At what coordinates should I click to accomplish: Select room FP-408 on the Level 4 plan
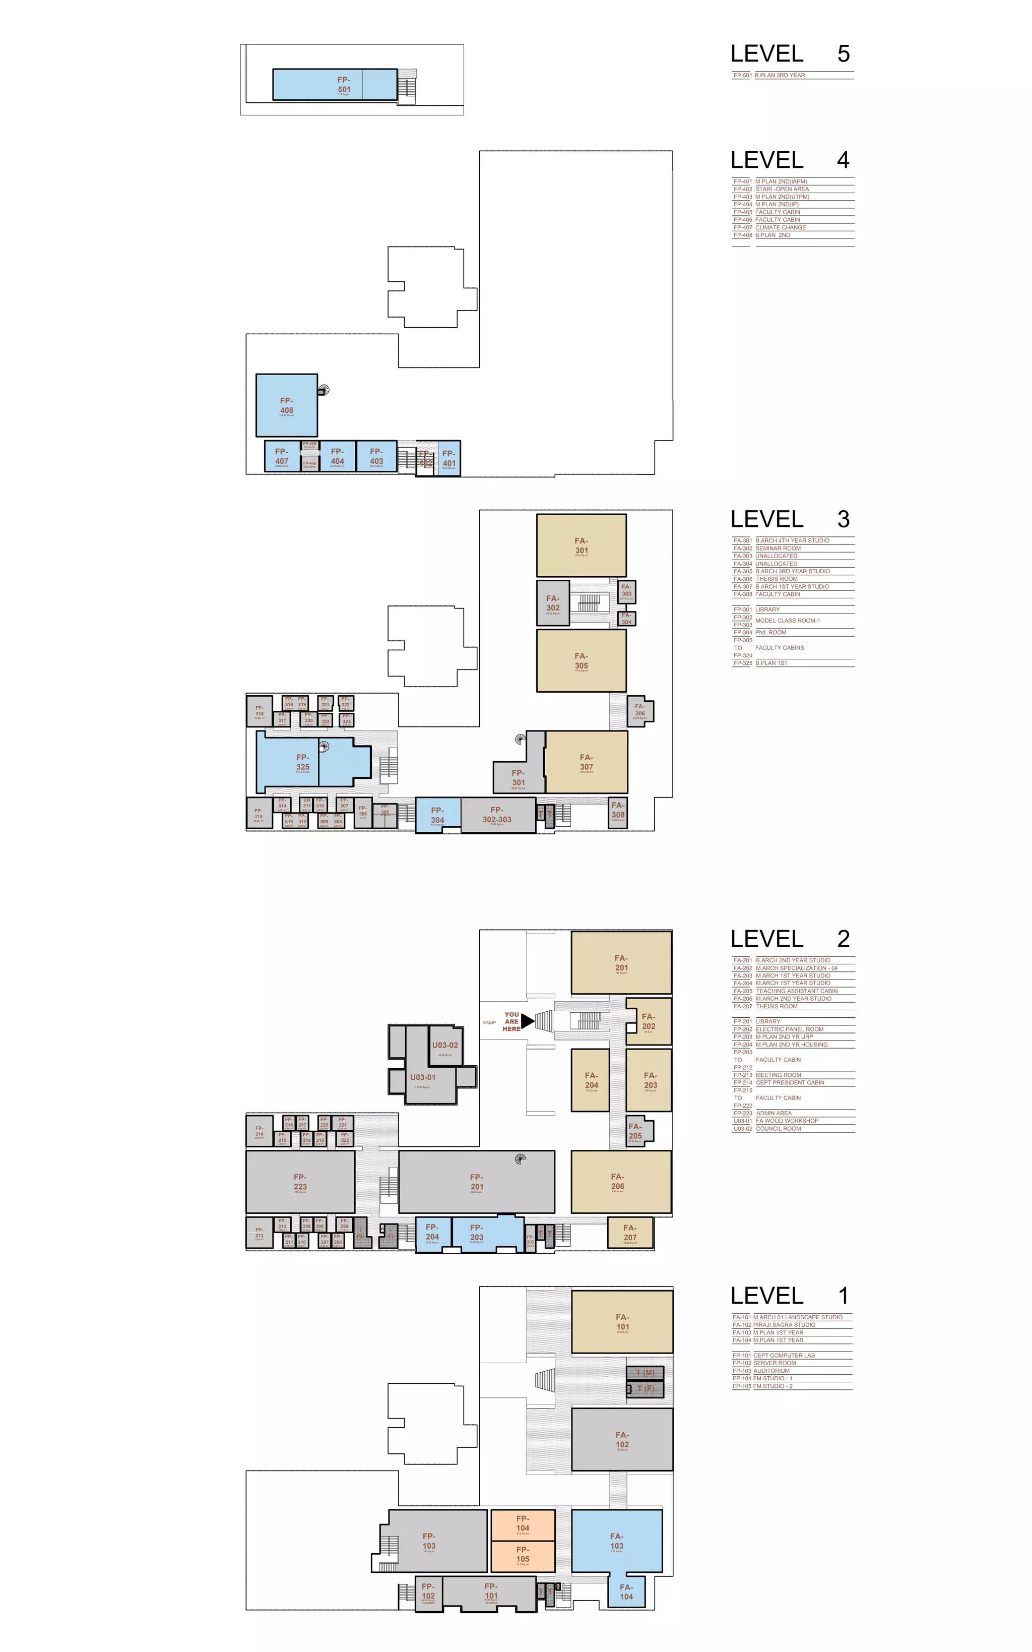287,405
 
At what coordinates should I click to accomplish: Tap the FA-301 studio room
581,545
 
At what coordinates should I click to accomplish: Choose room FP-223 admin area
300,1182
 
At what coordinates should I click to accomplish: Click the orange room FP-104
523,1523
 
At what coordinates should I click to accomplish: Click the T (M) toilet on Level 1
645,1373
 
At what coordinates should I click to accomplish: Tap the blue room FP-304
437,815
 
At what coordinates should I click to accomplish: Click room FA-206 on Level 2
618,1182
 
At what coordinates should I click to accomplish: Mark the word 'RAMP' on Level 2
489,1022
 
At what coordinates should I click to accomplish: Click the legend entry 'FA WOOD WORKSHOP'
787,1121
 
